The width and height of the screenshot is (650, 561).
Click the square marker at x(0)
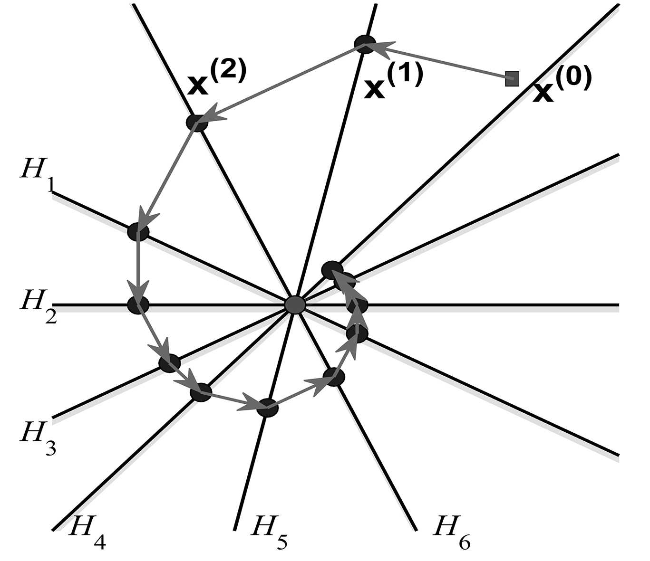[x=512, y=78]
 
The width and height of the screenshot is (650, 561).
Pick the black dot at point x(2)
[x=197, y=122]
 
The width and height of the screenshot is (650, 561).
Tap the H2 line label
[x=38, y=306]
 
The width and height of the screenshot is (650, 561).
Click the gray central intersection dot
[x=295, y=304]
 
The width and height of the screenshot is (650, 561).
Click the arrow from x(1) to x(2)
[x=281, y=83]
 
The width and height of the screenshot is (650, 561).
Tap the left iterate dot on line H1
[x=138, y=231]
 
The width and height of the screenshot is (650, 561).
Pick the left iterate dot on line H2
[x=138, y=304]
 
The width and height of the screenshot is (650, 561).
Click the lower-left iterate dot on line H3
[x=169, y=363]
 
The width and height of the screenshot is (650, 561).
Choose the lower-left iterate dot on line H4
[x=200, y=392]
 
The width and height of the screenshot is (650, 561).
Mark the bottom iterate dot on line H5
[x=267, y=408]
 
